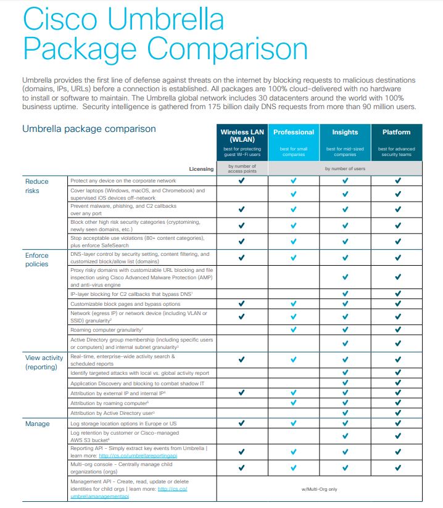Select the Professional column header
294,132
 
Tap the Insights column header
345,132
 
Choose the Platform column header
396,132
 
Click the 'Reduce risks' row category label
36,186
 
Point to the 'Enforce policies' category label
36,260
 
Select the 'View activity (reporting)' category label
44,362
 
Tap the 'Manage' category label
36,424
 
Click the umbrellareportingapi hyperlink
143,456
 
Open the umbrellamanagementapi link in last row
101,495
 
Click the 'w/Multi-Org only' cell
320,490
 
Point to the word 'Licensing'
201,168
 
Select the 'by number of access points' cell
241,168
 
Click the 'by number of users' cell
345,168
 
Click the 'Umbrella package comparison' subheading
89,129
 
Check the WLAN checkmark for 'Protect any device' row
241,181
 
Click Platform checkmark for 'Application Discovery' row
397,383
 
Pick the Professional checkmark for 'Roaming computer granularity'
294,329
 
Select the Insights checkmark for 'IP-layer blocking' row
345,294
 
